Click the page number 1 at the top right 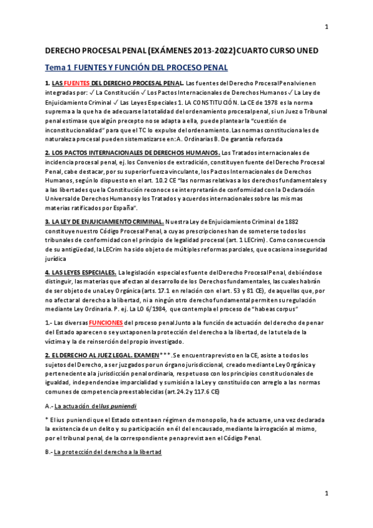[327, 27]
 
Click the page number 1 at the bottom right [327, 493]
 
